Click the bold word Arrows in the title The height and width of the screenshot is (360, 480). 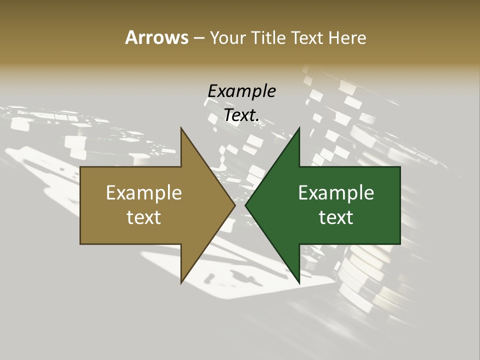(x=156, y=38)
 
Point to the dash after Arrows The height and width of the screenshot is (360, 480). (x=198, y=38)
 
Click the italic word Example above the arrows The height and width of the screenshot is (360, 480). (x=241, y=91)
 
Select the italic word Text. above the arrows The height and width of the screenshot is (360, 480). (x=241, y=115)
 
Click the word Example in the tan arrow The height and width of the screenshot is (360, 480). (x=143, y=193)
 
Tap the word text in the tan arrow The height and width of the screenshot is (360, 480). (x=143, y=217)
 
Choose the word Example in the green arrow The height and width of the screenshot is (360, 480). (x=336, y=193)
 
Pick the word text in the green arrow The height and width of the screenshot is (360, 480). (x=336, y=217)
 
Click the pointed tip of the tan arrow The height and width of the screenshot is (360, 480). (x=234, y=205)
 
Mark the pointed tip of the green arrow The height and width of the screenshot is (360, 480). (x=246, y=205)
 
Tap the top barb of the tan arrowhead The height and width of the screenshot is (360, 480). (x=181, y=129)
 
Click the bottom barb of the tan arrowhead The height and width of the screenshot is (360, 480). (x=181, y=282)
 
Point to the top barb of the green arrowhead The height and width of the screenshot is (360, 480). (x=298, y=129)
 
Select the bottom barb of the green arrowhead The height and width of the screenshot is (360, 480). (x=298, y=282)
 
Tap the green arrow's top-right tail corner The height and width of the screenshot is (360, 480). (x=399, y=167)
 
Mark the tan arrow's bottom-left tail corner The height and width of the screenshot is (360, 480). (x=81, y=243)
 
